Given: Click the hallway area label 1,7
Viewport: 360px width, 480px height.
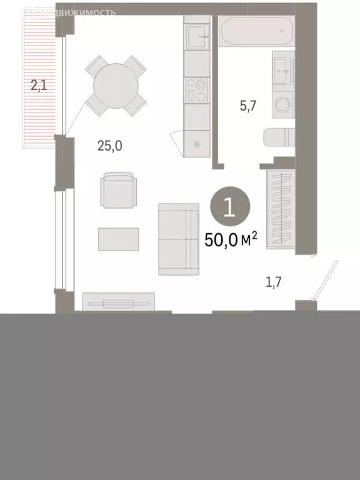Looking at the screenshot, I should point(274,282).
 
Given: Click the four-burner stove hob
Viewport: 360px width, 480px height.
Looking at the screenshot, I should point(197,89).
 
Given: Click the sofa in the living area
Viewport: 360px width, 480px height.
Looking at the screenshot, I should point(178,239).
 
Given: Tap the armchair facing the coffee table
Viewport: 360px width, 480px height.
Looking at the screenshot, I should point(118,190).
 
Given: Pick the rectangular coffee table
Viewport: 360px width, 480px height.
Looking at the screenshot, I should point(119,238).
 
